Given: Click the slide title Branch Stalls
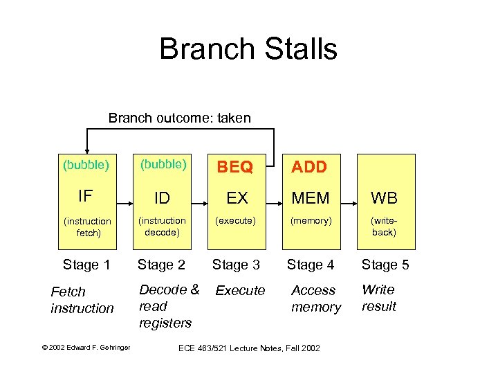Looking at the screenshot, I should (x=248, y=49).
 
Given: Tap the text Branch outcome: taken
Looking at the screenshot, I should (x=180, y=118).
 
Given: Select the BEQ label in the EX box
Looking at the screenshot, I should (x=237, y=167).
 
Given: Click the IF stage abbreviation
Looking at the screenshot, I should (x=85, y=196).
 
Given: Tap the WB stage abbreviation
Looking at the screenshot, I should (x=384, y=199).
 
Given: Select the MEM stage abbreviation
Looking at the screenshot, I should (x=311, y=199).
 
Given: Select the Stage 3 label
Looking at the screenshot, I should (x=236, y=264).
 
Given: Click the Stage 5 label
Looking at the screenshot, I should (x=385, y=265).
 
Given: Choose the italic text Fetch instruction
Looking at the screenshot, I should (x=82, y=300).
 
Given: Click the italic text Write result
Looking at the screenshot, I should (x=379, y=298).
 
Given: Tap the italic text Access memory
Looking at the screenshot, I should (x=315, y=299).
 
